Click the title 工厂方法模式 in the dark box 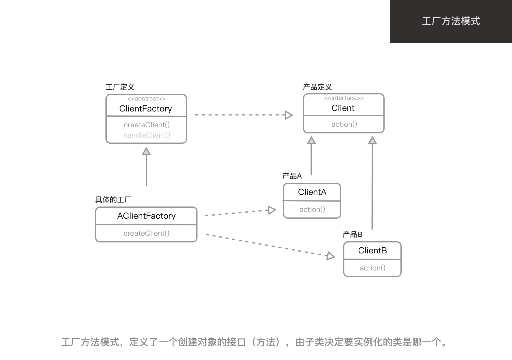[451, 21]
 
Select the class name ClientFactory [146, 109]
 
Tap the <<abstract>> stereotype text [146, 99]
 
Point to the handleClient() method [147, 135]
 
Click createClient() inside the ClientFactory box [147, 125]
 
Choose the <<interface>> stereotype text [344, 98]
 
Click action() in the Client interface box [344, 124]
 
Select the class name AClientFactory [146, 216]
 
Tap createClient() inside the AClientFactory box [146, 233]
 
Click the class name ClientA [312, 192]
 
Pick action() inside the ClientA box [312, 210]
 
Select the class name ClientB [372, 251]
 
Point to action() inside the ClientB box [372, 268]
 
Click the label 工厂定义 [120, 87]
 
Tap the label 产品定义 [317, 87]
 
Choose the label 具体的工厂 [113, 200]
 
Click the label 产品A [292, 176]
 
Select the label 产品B [352, 235]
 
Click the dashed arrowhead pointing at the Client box [288, 115]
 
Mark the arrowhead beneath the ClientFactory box [146, 151]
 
